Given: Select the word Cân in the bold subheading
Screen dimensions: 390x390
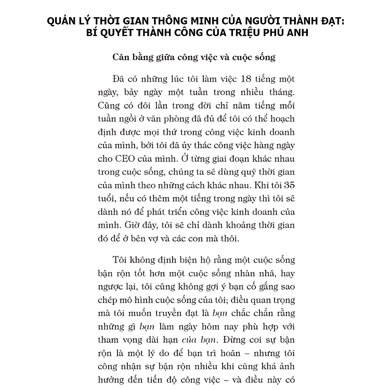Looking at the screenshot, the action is [122, 57].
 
